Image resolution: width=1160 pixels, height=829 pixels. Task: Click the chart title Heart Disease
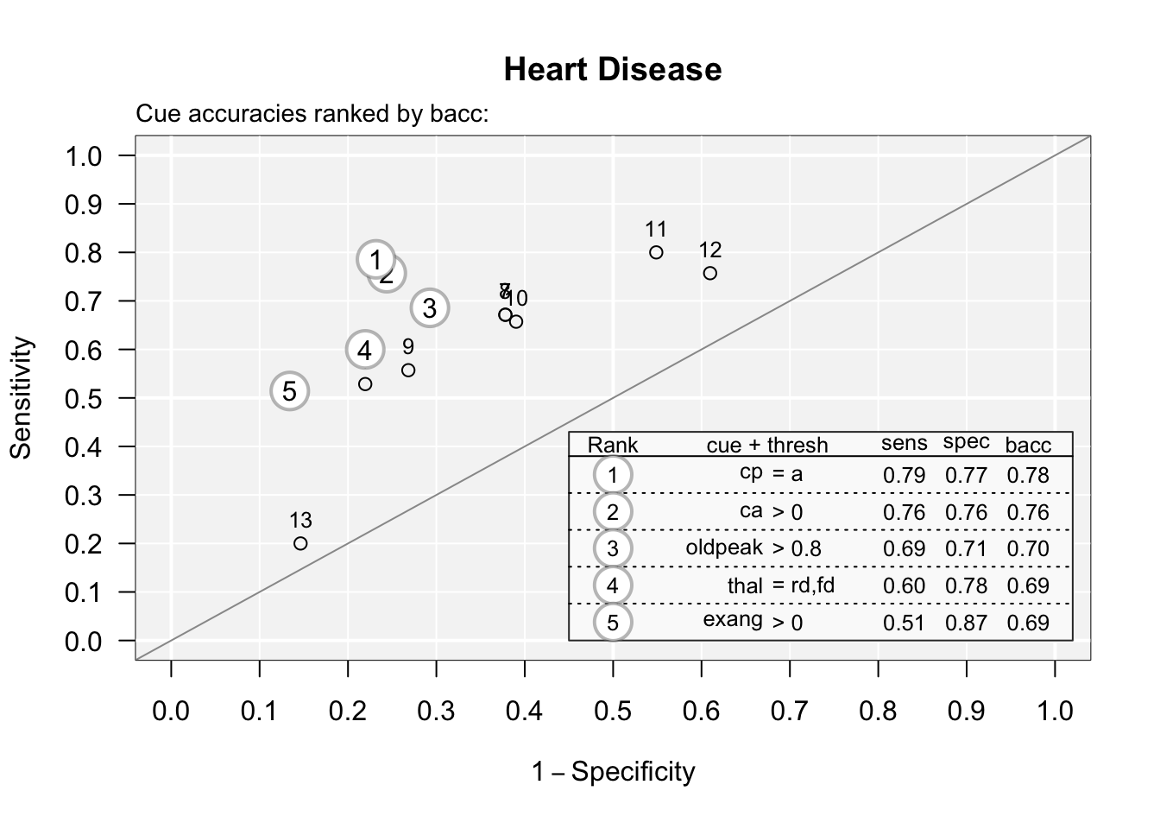click(x=612, y=69)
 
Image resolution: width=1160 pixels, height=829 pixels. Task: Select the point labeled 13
click(x=300, y=543)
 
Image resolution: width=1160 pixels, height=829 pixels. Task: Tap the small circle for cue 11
click(x=656, y=252)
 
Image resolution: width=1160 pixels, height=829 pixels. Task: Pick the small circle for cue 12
click(x=710, y=273)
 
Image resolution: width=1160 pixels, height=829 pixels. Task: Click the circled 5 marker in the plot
click(x=289, y=391)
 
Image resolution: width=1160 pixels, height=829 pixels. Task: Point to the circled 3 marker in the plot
click(x=429, y=307)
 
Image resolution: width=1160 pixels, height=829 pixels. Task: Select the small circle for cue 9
click(x=408, y=370)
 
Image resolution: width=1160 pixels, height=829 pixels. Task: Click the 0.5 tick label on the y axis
click(x=83, y=399)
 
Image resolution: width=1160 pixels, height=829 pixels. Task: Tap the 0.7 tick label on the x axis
click(x=789, y=711)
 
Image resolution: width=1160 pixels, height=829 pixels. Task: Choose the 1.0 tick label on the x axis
click(x=1054, y=711)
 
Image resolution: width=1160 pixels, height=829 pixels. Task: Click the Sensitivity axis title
click(x=22, y=397)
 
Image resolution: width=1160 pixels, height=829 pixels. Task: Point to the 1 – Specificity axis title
click(x=613, y=771)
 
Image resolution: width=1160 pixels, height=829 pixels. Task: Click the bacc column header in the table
click(x=1028, y=446)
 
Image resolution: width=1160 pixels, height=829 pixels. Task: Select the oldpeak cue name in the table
click(x=724, y=547)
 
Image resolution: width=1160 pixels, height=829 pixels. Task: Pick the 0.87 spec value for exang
click(x=966, y=623)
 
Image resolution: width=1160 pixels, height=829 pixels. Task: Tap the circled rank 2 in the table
click(x=613, y=512)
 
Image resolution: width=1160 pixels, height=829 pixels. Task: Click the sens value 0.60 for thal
click(x=904, y=586)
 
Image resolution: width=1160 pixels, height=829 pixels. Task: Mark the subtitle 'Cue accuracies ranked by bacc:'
click(x=312, y=114)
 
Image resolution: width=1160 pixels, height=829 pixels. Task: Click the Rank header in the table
click(x=613, y=446)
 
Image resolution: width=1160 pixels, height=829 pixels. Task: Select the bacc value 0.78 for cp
click(x=1028, y=475)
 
